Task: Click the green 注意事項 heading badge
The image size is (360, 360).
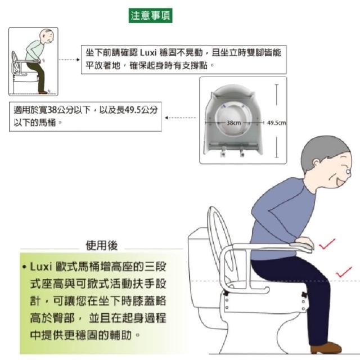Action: (150, 16)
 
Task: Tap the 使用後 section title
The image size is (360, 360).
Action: (101, 245)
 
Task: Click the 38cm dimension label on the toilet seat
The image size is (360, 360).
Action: (234, 123)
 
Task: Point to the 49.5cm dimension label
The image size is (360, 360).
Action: (276, 123)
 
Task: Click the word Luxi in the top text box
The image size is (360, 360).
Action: (148, 53)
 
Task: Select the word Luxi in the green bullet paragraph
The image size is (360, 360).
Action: (40, 267)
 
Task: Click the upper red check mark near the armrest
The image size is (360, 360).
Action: (327, 244)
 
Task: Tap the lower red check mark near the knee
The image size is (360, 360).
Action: (344, 272)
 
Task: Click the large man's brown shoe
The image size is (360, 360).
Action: (326, 348)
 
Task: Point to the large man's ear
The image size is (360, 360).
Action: (317, 164)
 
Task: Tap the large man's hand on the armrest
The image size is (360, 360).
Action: (305, 242)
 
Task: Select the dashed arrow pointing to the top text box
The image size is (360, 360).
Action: (69, 60)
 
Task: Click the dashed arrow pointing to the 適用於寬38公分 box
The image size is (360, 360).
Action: (181, 118)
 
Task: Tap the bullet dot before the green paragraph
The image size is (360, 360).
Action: (24, 267)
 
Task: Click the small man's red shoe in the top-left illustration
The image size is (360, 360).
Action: (43, 92)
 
